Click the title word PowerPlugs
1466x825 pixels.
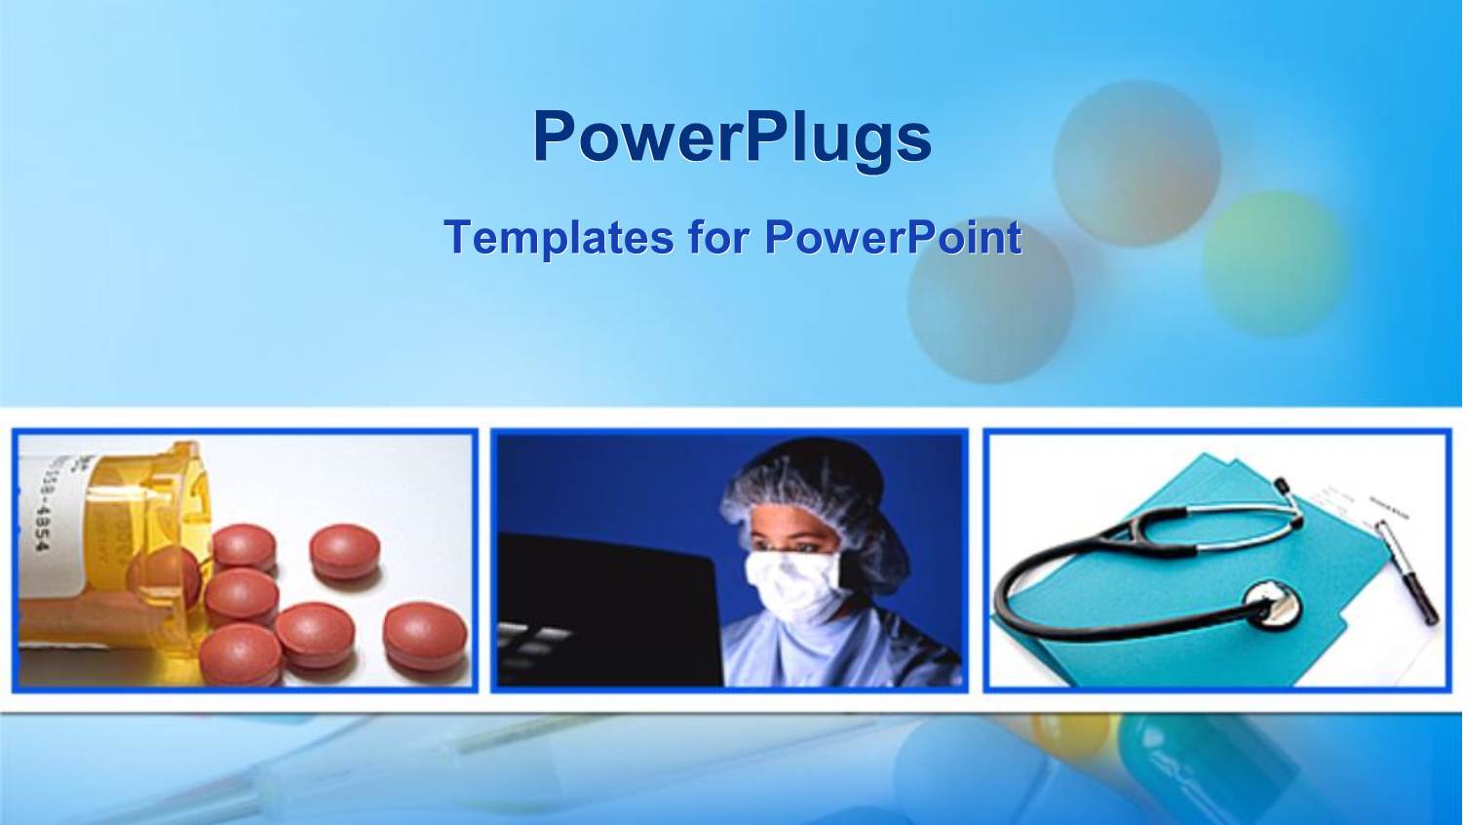731,137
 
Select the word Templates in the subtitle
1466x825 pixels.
558,237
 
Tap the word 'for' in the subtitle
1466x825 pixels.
718,237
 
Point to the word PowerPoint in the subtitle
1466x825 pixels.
892,237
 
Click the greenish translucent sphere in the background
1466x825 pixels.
1275,263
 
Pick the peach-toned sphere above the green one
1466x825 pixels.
1136,163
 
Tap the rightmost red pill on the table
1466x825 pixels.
425,636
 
